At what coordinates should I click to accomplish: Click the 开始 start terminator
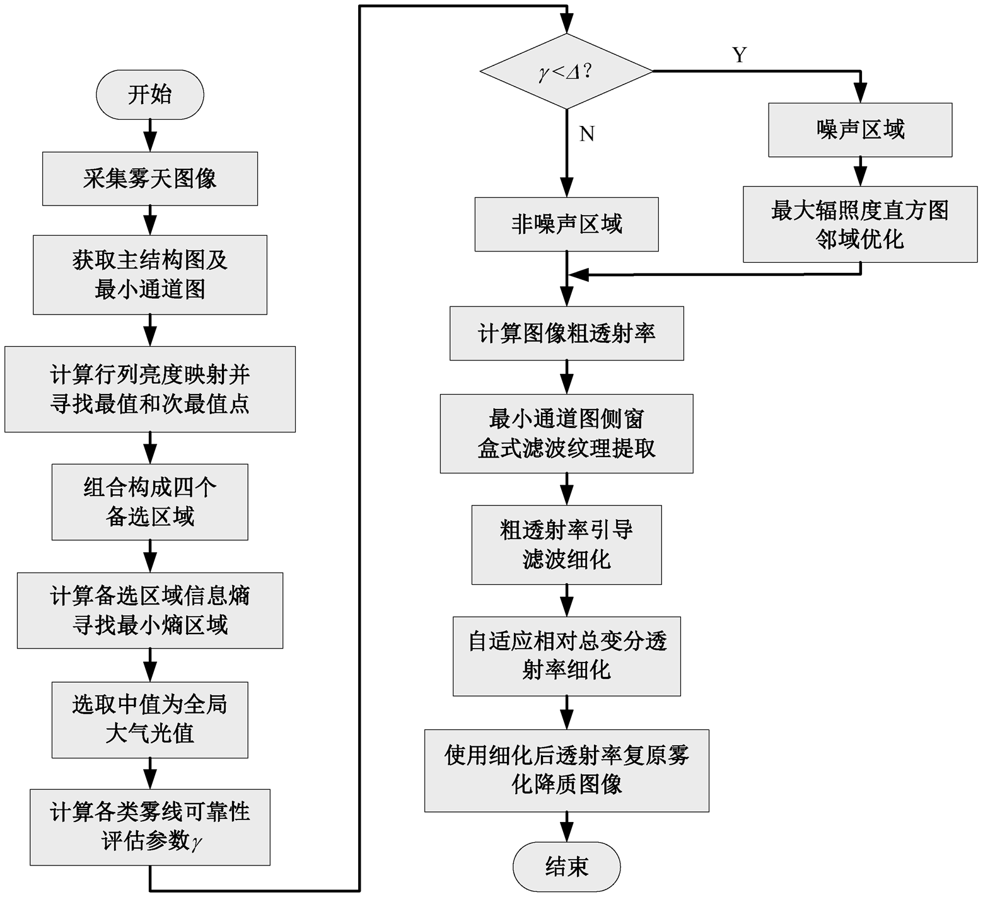[149, 95]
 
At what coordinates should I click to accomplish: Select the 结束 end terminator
[566, 867]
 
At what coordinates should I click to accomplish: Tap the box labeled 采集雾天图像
[149, 178]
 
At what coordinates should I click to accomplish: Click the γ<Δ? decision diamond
[566, 72]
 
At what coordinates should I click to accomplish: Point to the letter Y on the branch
[740, 55]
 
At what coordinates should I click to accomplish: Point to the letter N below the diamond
[586, 134]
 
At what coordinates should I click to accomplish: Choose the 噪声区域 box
[860, 130]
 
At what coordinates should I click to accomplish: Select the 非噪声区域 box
[566, 224]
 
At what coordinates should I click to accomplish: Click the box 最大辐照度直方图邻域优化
[860, 224]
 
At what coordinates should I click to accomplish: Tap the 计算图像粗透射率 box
[566, 333]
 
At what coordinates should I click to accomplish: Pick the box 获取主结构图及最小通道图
[149, 275]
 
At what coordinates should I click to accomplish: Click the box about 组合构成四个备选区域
[149, 502]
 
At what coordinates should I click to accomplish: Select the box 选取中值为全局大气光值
[149, 720]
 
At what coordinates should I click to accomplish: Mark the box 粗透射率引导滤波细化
[566, 545]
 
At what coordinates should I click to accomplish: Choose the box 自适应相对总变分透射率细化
[566, 656]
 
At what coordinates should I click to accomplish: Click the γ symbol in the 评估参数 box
[197, 842]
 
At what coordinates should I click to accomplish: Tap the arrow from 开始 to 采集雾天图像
[149, 136]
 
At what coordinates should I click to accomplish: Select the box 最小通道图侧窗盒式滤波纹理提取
[566, 434]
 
